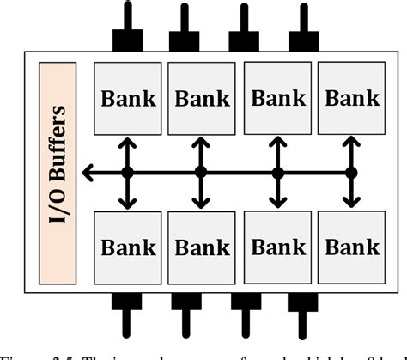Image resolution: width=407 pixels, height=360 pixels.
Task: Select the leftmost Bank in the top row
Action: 128,98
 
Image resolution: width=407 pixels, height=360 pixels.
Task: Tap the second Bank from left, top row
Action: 202,98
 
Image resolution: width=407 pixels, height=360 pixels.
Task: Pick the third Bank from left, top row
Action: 277,98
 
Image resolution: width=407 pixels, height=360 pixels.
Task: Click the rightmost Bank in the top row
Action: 352,98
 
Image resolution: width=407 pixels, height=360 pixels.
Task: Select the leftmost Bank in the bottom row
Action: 128,247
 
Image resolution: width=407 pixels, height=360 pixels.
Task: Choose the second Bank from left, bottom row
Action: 202,247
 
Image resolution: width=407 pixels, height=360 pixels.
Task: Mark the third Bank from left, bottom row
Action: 277,247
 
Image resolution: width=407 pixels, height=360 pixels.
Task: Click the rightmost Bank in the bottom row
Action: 352,247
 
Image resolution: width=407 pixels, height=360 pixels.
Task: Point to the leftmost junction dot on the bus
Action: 127,173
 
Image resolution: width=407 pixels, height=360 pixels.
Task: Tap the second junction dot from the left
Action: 201,173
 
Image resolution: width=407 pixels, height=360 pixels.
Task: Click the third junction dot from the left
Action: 277,173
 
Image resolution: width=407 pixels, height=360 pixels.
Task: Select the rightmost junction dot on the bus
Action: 351,173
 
